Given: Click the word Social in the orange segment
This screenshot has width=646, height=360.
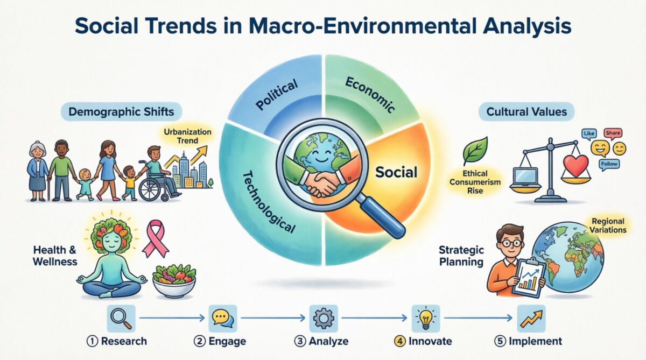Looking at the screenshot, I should click(397, 172).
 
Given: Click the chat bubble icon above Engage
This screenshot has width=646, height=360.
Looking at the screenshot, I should click(221, 318).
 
